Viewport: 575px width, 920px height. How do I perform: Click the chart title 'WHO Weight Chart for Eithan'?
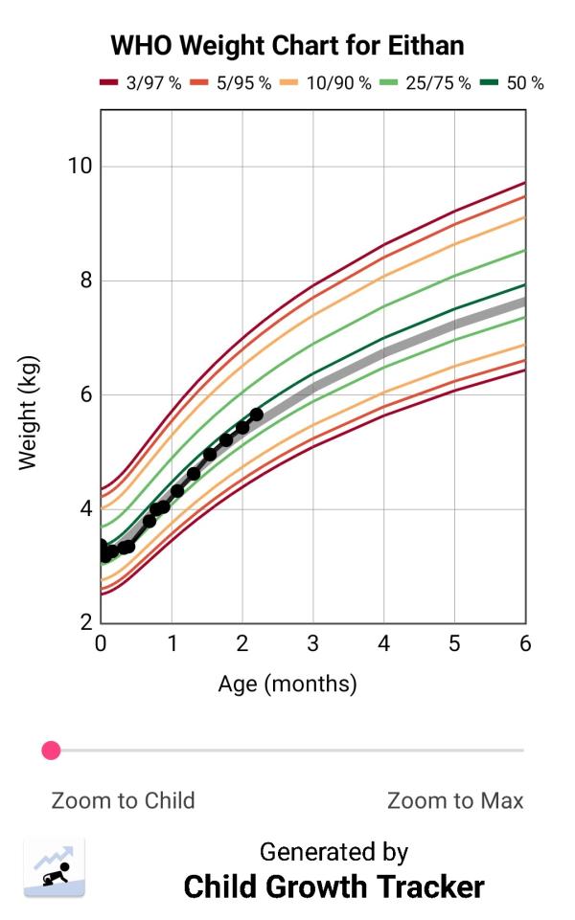pyautogui.click(x=287, y=45)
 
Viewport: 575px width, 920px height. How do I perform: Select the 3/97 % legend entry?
pyautogui.click(x=141, y=83)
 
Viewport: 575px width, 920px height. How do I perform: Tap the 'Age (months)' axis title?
pyautogui.click(x=287, y=684)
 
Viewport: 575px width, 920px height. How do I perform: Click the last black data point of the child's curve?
pyautogui.click(x=256, y=414)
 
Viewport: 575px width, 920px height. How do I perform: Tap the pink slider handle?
pyautogui.click(x=52, y=751)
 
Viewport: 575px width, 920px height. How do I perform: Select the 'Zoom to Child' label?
pyautogui.click(x=123, y=800)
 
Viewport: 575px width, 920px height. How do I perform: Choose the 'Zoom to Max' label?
pyautogui.click(x=455, y=800)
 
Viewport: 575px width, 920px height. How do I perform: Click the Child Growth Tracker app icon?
pyautogui.click(x=55, y=866)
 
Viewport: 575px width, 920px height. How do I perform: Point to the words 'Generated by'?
pyautogui.click(x=333, y=851)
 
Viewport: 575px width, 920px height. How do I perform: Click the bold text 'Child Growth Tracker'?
pyautogui.click(x=333, y=886)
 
